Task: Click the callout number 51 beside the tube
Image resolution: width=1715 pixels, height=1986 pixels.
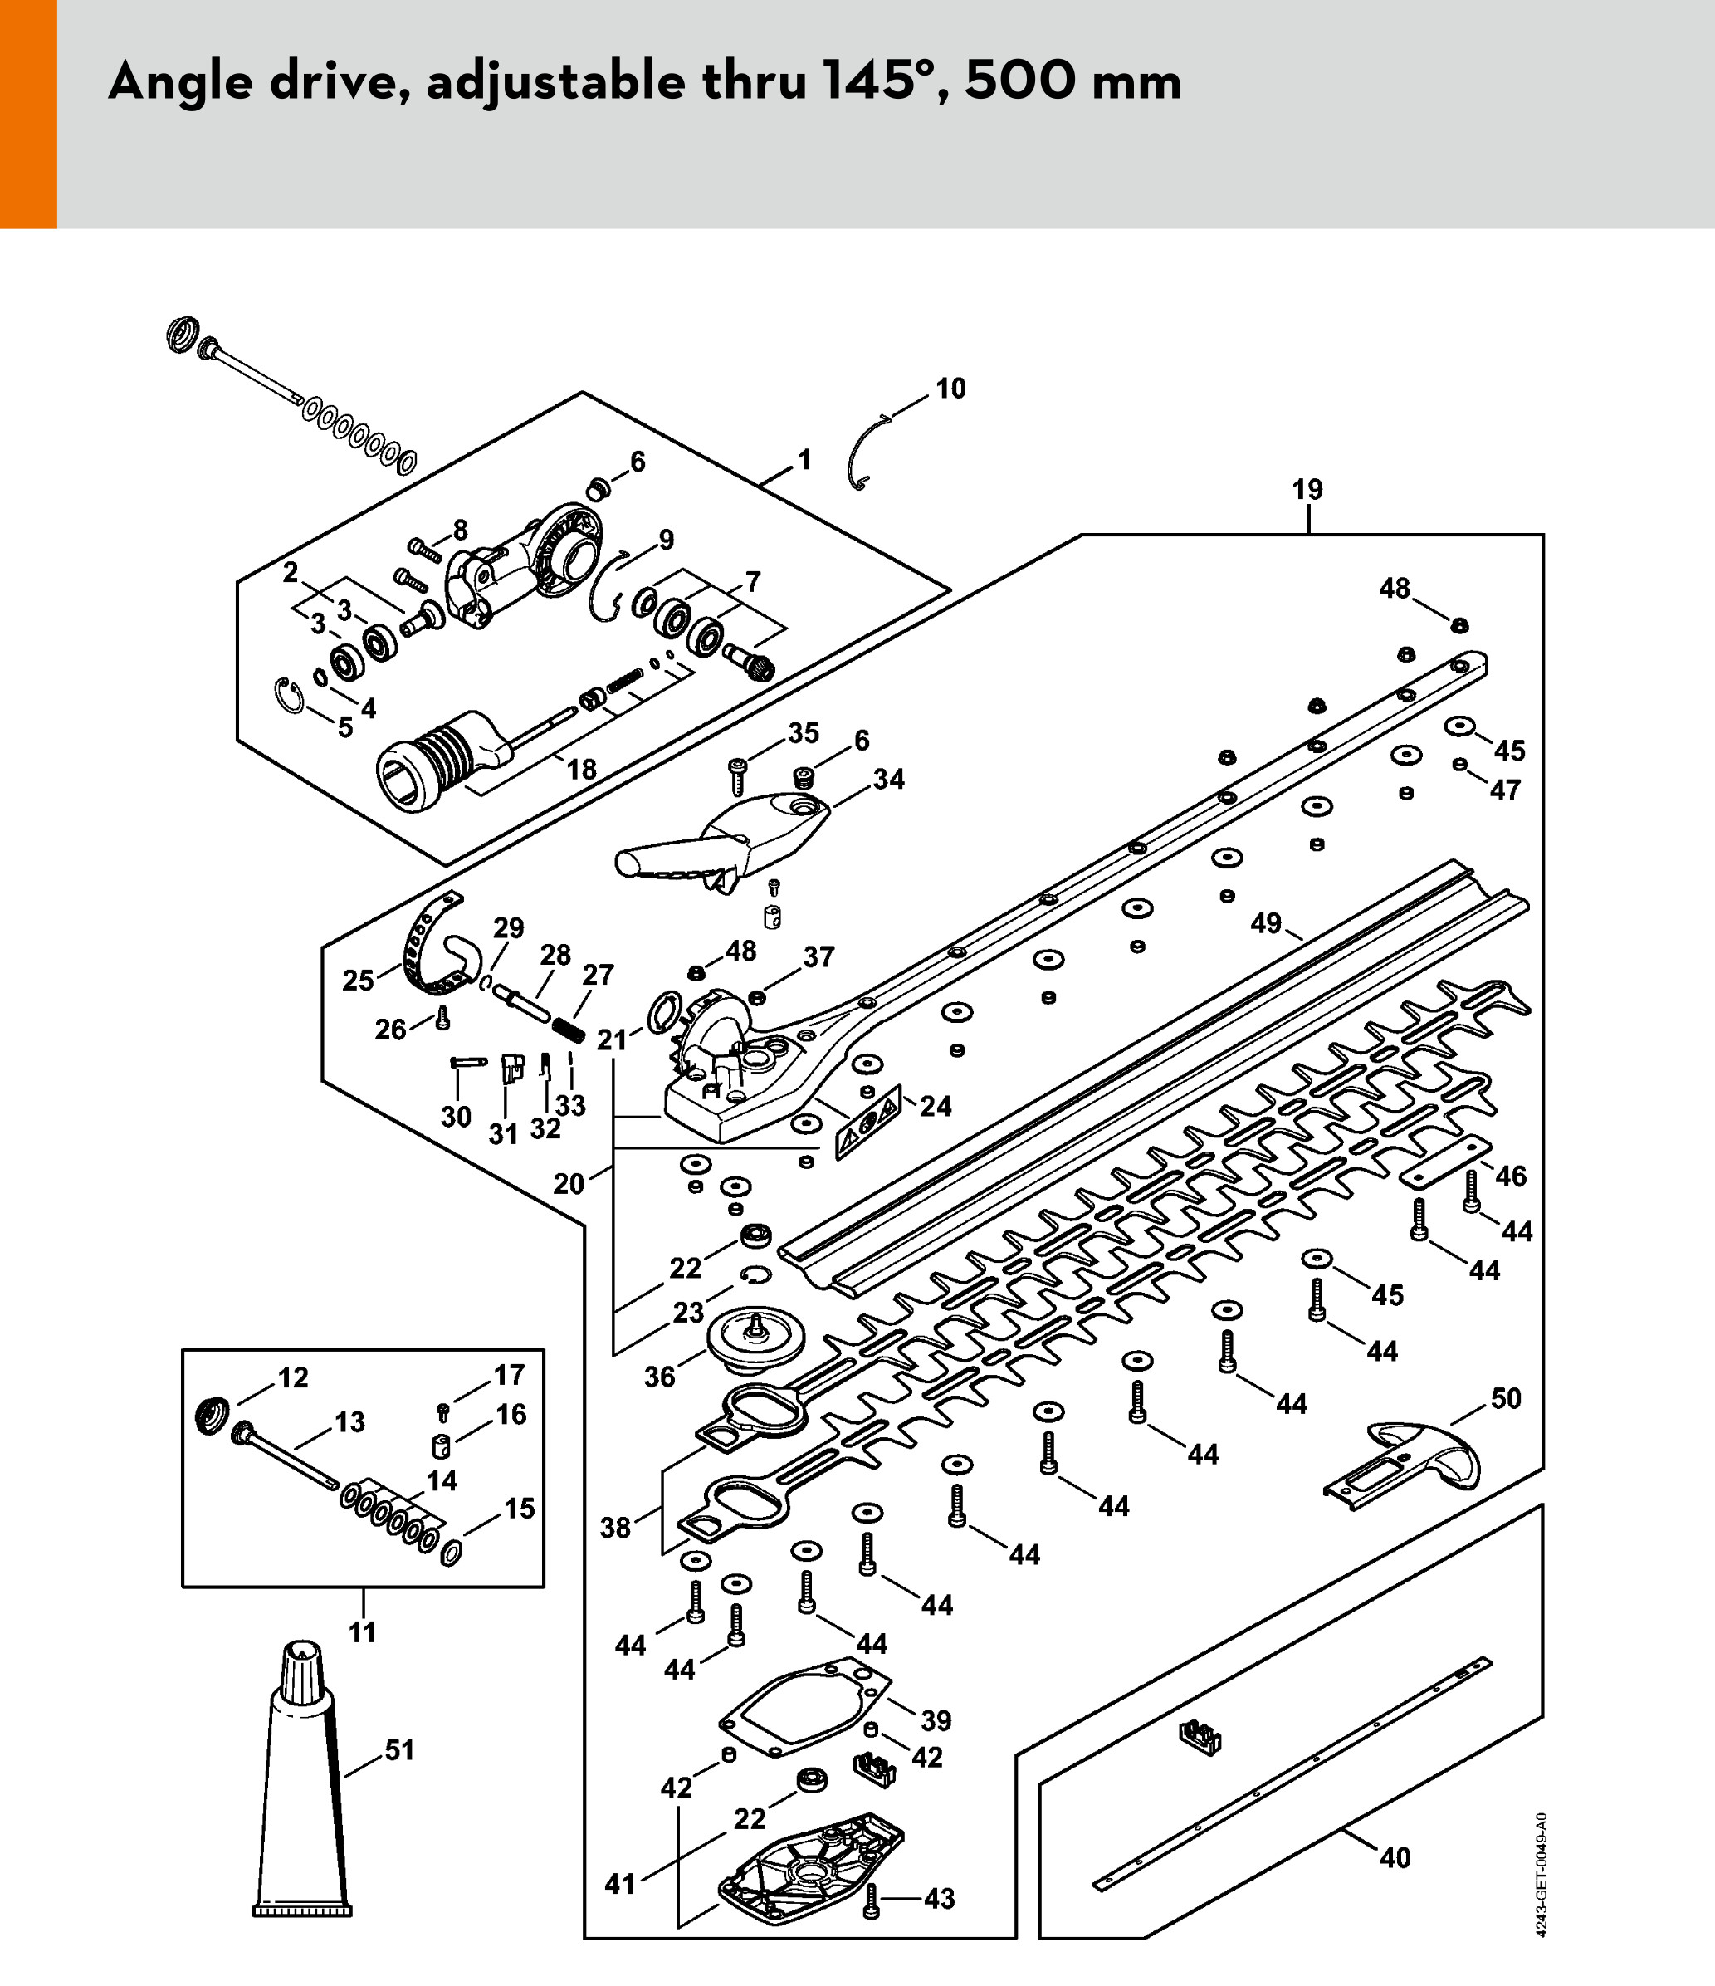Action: coord(398,1750)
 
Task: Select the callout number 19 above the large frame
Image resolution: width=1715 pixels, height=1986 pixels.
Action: coord(1307,490)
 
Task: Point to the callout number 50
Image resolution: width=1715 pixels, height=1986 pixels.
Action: coord(1505,1398)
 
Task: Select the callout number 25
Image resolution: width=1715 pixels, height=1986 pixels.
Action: coord(358,981)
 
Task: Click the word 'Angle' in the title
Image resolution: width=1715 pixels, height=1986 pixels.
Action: coord(180,82)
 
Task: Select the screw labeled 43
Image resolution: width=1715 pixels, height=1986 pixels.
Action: coord(871,1900)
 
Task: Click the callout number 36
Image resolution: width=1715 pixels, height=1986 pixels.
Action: coord(659,1377)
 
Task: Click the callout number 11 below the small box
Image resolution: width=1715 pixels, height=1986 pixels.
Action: coord(362,1631)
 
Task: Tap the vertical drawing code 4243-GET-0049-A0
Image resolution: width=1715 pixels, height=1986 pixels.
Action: coord(1541,1875)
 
